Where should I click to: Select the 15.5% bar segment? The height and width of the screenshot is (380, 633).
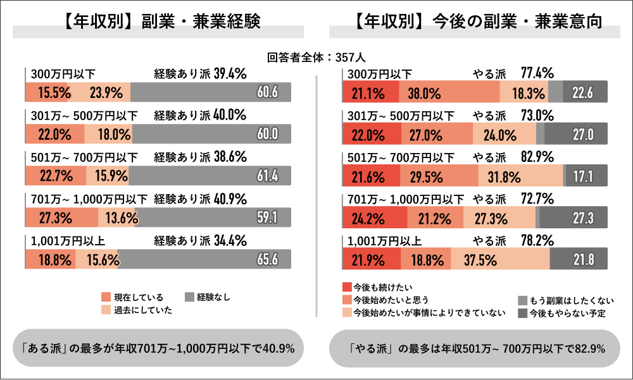point(46,92)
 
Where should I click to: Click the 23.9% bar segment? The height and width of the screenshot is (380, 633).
point(99,92)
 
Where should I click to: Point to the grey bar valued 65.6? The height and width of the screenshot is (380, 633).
point(204,259)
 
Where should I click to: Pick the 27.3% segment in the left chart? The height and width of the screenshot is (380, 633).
point(62,218)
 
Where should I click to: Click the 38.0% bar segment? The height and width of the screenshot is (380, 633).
point(449,92)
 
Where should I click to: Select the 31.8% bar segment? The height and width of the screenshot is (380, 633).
point(520,176)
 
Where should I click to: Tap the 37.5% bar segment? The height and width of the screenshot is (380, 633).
point(500,259)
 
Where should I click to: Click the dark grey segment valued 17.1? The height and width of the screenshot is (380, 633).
point(587,176)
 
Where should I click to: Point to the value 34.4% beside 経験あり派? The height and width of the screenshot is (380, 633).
point(230,240)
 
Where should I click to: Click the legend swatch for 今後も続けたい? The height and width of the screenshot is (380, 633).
point(346,287)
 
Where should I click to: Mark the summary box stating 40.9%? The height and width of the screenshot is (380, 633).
point(158,348)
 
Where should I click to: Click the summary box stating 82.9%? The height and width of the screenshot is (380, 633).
point(474,348)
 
